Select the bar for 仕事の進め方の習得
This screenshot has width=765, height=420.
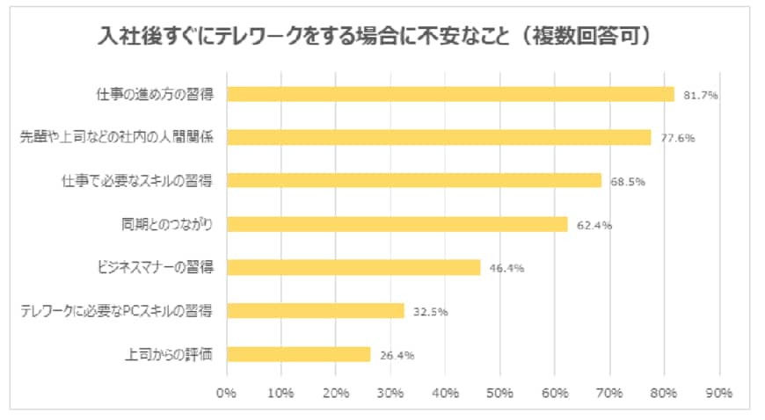[x=450, y=94]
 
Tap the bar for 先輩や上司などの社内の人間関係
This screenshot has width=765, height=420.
[x=439, y=137]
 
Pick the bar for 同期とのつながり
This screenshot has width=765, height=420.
[x=397, y=224]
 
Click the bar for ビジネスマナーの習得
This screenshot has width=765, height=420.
[x=353, y=267]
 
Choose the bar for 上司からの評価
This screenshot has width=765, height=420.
[x=299, y=354]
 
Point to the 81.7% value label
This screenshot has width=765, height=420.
[x=702, y=95]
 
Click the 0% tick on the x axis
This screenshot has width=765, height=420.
[x=227, y=393]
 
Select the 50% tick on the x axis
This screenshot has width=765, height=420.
[x=500, y=393]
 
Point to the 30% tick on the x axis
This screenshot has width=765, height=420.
[x=391, y=393]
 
